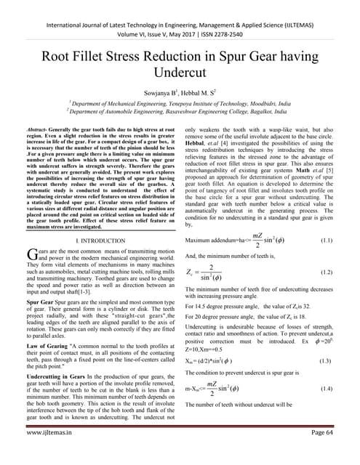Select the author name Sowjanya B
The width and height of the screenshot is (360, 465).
[x=152, y=94]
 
